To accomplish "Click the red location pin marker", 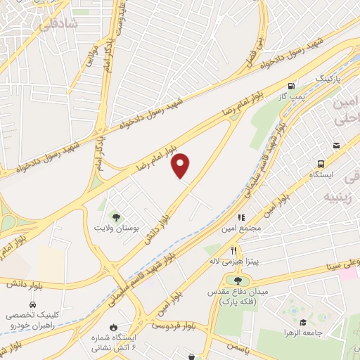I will click(181, 165).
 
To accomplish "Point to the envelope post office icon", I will click(337, 145).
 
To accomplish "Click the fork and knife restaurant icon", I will click(233, 250).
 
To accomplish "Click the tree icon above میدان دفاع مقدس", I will click(229, 281).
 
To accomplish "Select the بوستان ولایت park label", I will click(117, 229).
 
